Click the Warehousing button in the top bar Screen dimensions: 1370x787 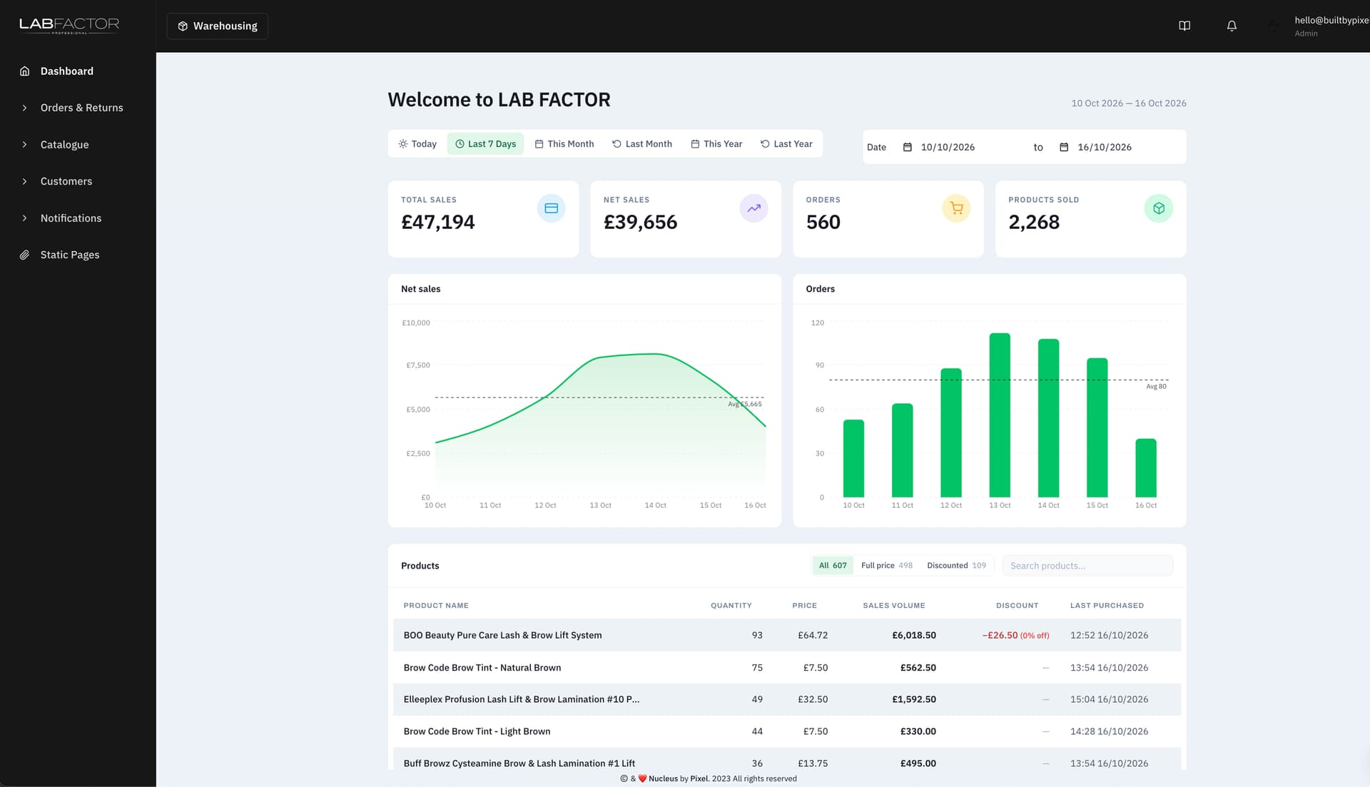pos(218,26)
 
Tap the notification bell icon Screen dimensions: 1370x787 pos(1232,26)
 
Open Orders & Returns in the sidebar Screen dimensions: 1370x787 pos(81,108)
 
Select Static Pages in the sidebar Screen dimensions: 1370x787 pos(70,255)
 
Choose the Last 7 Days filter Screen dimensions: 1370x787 pos(486,143)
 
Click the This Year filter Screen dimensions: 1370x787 pos(716,143)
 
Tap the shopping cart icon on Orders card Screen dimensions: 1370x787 pos(956,208)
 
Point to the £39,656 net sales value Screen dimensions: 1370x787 pos(640,222)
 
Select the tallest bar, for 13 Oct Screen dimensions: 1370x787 pos(1000,415)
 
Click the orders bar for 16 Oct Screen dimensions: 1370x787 pos(1146,468)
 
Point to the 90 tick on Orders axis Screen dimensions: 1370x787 pos(820,365)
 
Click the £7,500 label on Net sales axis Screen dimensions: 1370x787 pos(418,365)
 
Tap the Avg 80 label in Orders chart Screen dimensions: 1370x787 pos(1157,387)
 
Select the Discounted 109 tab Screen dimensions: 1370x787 pos(956,566)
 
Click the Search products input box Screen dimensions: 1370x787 pos(1087,566)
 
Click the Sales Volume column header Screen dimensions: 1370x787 pos(894,606)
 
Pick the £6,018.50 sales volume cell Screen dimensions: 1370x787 pos(914,635)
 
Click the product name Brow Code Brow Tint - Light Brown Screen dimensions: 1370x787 pos(477,731)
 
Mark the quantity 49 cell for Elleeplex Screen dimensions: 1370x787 pos(757,699)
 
